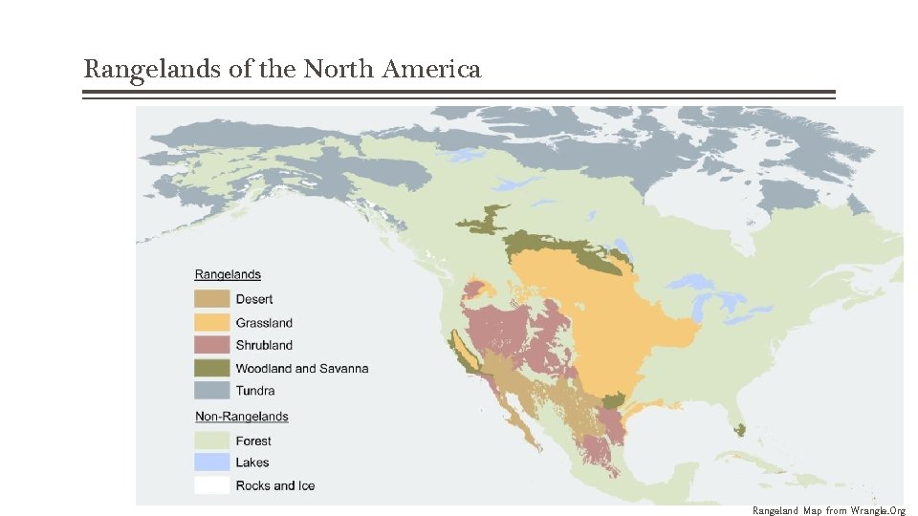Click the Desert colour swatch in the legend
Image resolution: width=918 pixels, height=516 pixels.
click(212, 299)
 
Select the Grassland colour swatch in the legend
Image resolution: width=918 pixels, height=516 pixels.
click(212, 322)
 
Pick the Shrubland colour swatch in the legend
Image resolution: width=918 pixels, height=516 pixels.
click(212, 345)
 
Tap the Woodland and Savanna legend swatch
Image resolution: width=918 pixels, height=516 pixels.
click(212, 368)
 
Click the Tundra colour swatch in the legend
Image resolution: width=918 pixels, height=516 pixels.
click(212, 390)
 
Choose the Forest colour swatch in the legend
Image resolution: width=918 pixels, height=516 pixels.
click(212, 441)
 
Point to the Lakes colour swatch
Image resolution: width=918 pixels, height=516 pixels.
click(212, 462)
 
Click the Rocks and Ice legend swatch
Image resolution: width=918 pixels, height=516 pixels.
click(212, 485)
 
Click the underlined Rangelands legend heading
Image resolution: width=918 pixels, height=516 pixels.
click(228, 275)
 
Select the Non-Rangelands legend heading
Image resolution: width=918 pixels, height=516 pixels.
click(242, 417)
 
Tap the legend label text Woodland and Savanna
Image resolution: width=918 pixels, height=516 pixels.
click(302, 368)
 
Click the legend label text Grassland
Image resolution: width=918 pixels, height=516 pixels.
click(264, 323)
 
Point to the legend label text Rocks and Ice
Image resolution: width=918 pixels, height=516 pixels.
click(275, 485)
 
